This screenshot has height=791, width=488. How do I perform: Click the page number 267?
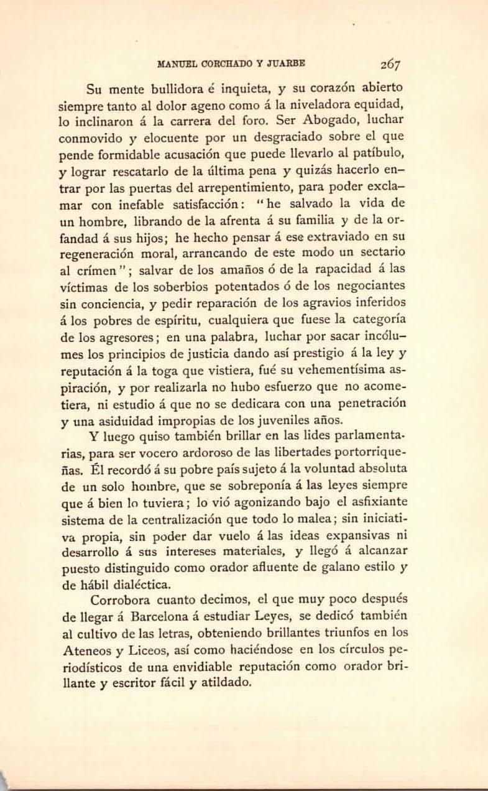(x=390, y=63)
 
